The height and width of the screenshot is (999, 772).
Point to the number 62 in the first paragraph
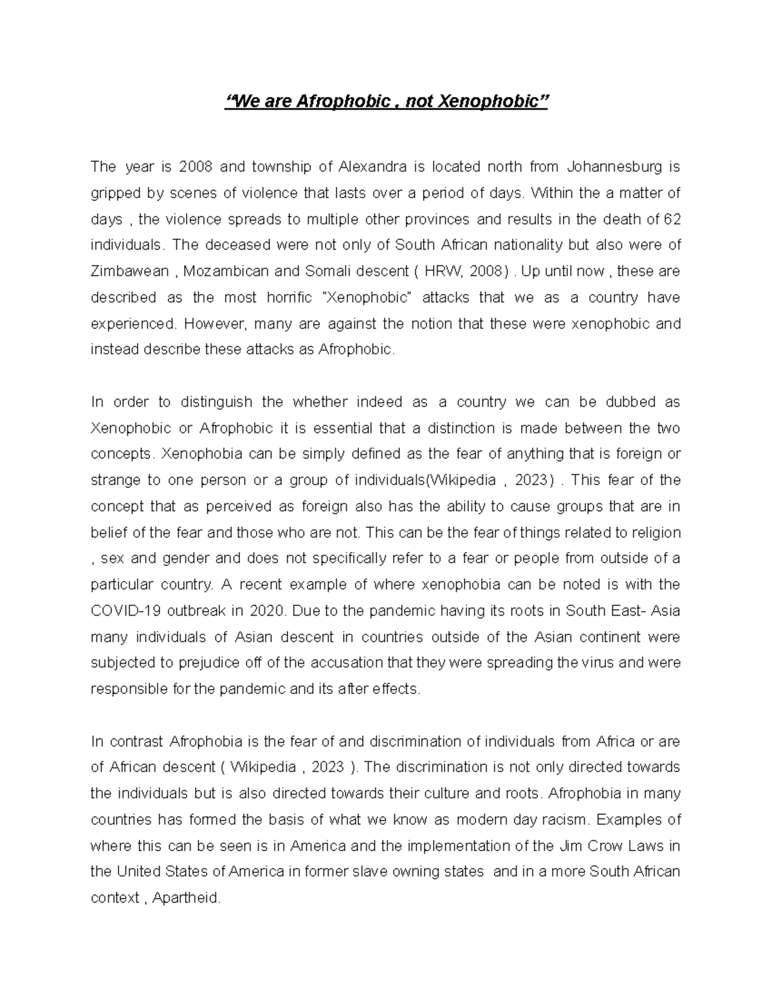(x=672, y=219)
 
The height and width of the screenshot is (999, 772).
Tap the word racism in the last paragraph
(x=566, y=820)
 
